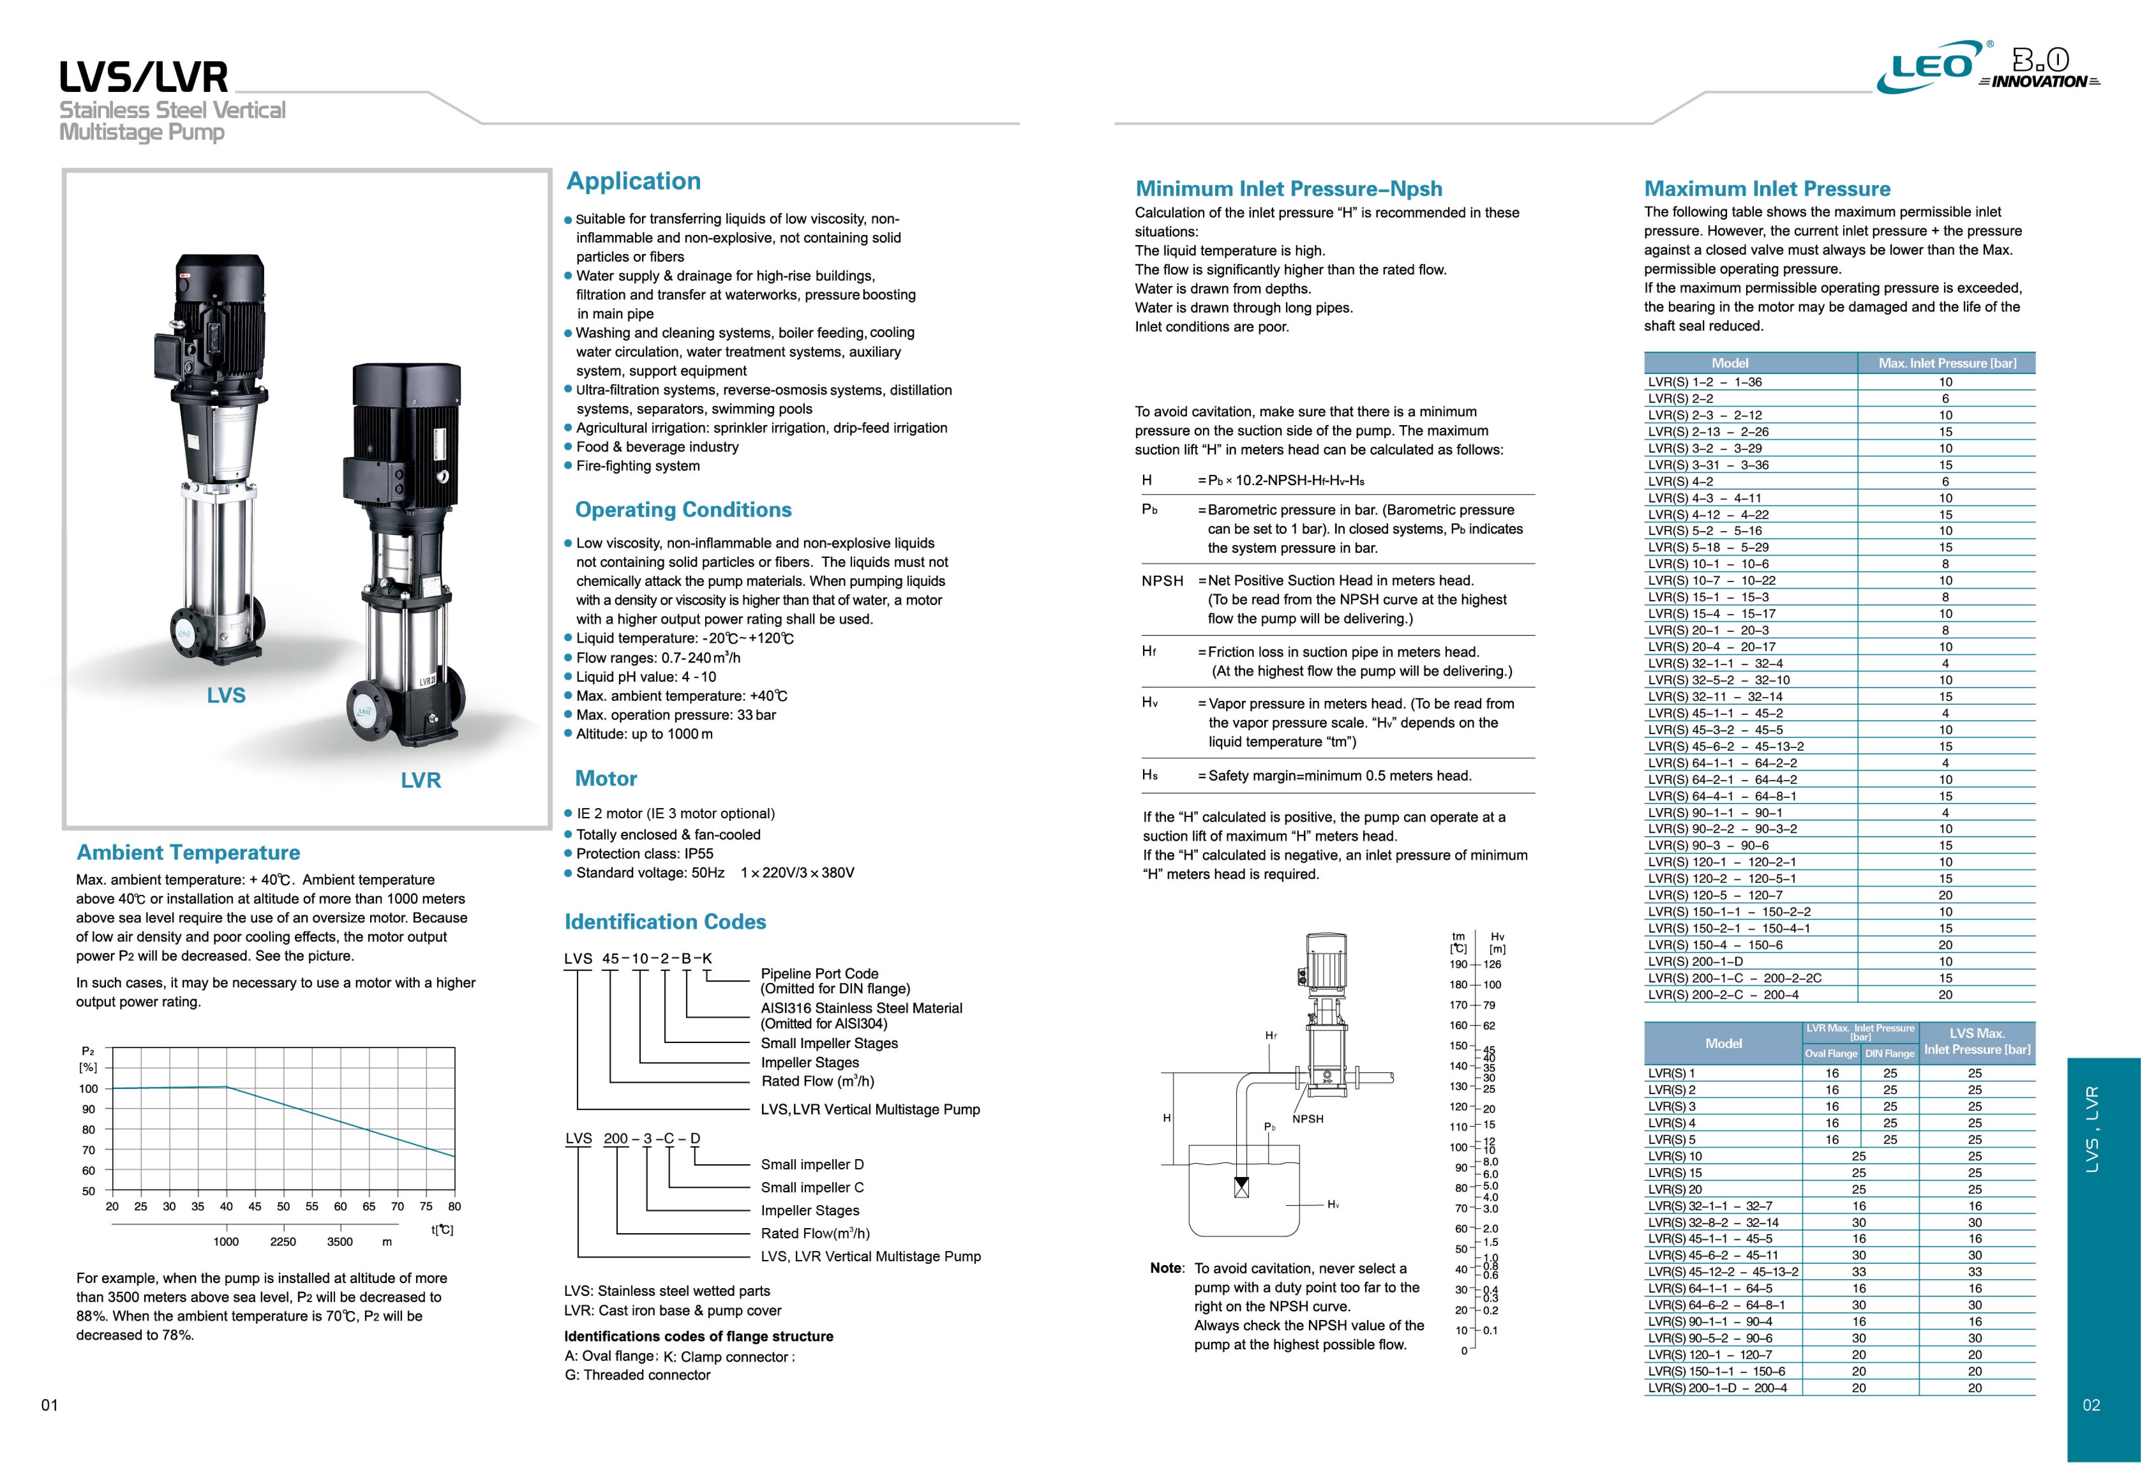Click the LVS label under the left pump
tap(226, 696)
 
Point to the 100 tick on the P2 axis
tap(88, 1088)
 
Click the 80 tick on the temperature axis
tap(454, 1206)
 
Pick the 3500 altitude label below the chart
tap(340, 1241)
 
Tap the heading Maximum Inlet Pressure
tap(1767, 189)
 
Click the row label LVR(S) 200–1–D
tap(1695, 961)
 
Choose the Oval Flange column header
tap(1830, 1053)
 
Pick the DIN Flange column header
tap(1890, 1053)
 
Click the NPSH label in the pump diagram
tap(1307, 1118)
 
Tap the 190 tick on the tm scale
tap(1458, 965)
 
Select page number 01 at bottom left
tap(50, 1405)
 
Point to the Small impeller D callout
tap(812, 1165)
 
